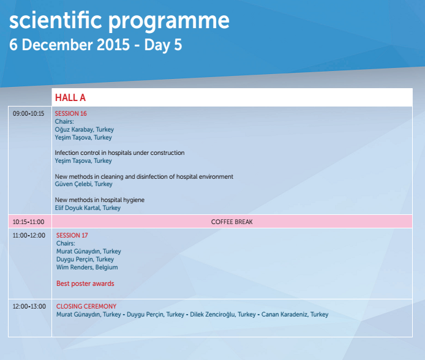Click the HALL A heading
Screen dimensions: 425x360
[70, 97]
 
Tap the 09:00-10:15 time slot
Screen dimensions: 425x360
[28, 113]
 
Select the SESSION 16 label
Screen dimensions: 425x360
[71, 113]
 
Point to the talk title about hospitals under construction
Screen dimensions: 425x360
[119, 153]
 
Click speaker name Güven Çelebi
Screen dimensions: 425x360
[73, 184]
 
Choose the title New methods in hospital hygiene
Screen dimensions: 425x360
[99, 200]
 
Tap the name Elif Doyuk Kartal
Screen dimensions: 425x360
[77, 208]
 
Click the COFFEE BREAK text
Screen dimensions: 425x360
[231, 222]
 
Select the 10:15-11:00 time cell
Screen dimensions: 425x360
[28, 222]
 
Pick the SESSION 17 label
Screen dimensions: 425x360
[72, 235]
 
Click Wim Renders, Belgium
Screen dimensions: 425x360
[87, 268]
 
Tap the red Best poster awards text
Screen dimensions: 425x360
[85, 283]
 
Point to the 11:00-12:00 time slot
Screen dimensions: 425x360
[29, 235]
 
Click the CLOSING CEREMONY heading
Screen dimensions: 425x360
[86, 306]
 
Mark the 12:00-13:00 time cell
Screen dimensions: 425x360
[29, 306]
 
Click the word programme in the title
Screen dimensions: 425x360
[168, 21]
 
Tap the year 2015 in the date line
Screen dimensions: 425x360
[113, 45]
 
